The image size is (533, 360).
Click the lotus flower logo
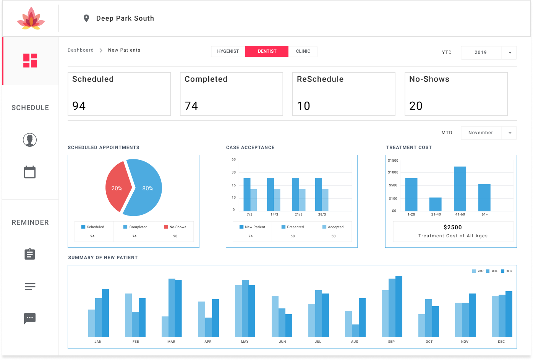pos(31,19)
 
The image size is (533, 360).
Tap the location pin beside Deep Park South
pos(86,18)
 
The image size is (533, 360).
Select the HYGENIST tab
pos(228,51)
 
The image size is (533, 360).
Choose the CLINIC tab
pos(303,51)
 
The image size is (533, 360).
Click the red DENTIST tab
pos(267,51)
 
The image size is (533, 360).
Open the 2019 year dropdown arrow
pos(510,53)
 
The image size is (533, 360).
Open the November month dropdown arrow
pos(510,133)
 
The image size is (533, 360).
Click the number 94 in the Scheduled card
pos(79,106)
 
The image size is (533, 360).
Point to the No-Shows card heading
pos(429,79)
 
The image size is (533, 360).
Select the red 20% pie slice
pos(117,188)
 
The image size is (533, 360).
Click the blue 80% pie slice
pos(147,188)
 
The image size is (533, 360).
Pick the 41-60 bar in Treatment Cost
pos(460,189)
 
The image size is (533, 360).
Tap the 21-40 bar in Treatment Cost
pos(435,204)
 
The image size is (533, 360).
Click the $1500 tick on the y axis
pos(393,161)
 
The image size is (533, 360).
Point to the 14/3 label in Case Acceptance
pos(274,215)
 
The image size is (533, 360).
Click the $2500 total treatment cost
pos(453,227)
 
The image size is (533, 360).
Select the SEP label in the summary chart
pos(391,342)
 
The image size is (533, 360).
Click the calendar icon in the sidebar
pos(30,172)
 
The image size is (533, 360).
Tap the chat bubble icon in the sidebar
pos(30,318)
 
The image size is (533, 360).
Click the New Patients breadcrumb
pos(124,50)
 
